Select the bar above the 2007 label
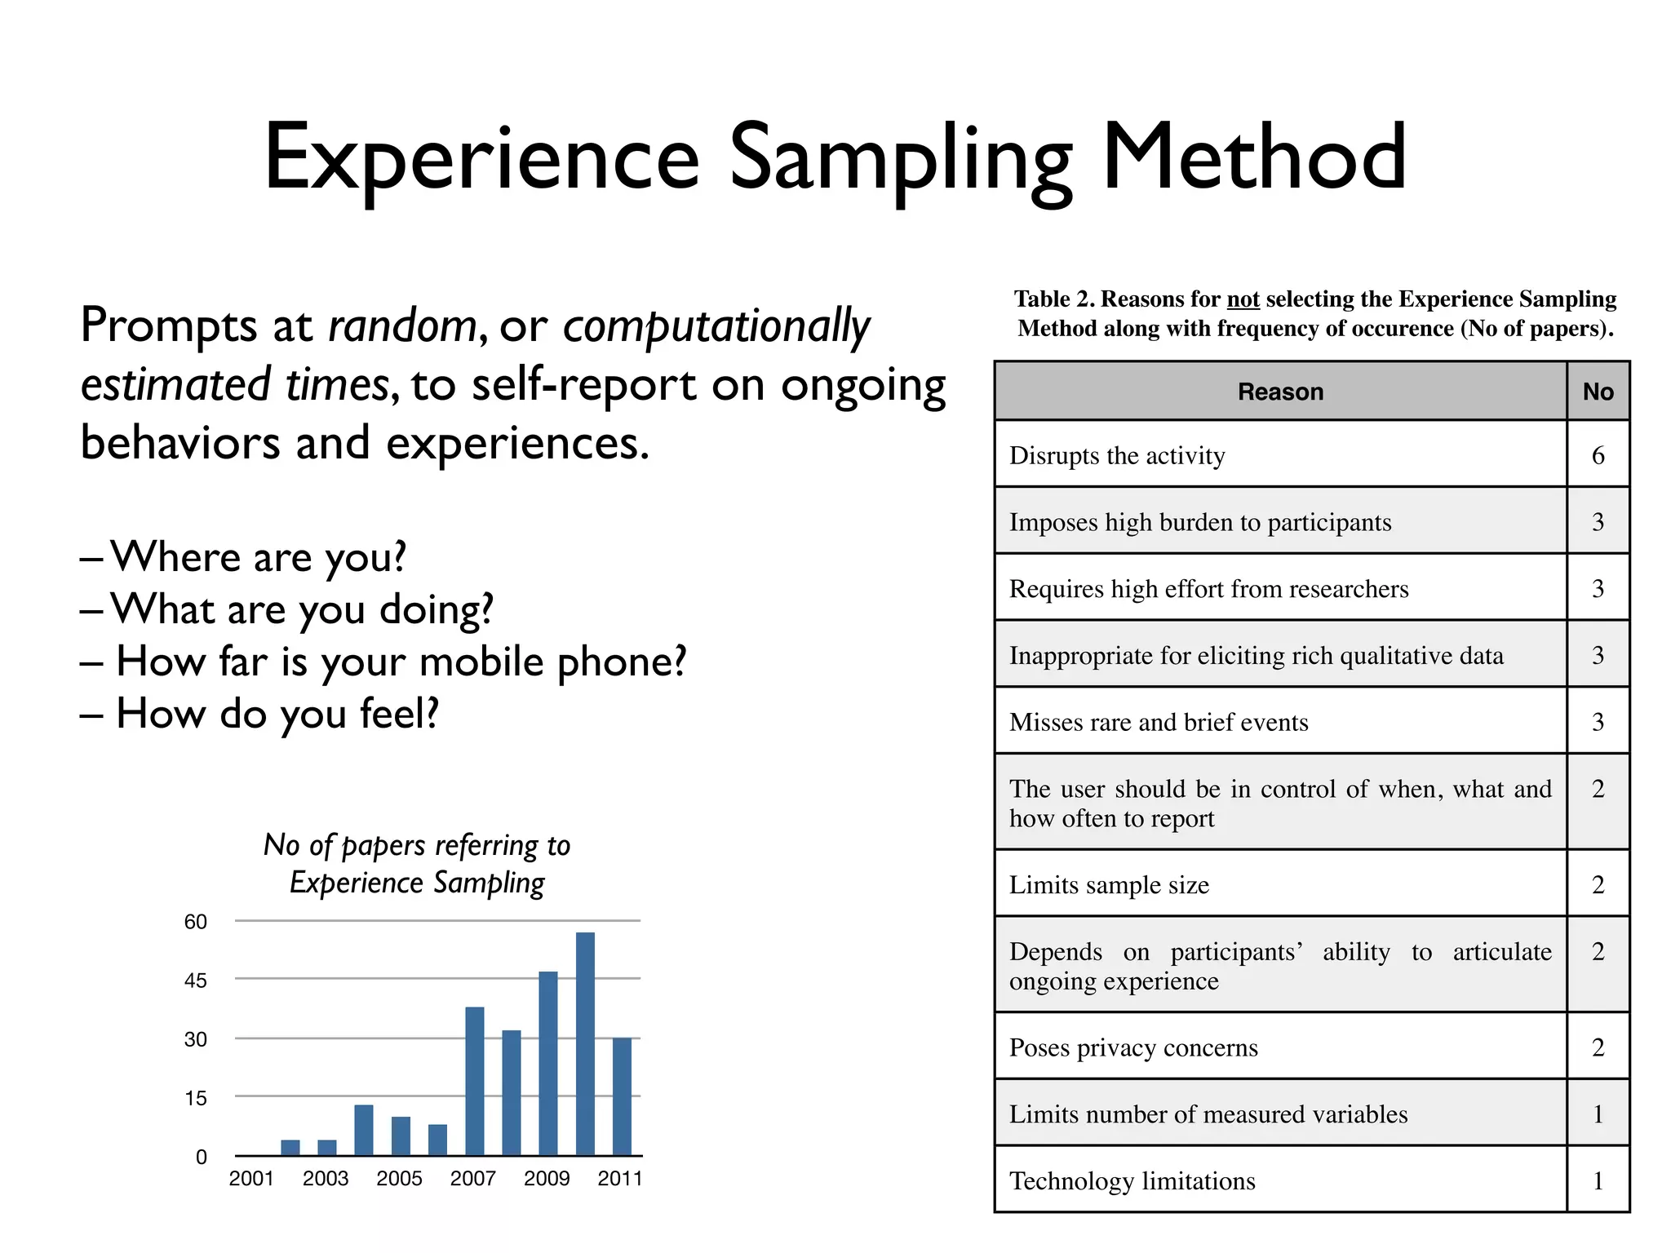click(x=474, y=1080)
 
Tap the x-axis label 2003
click(x=325, y=1178)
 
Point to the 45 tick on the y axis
click(x=195, y=980)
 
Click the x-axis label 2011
click(x=619, y=1178)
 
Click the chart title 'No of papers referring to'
click(x=416, y=845)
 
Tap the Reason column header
click(x=1280, y=392)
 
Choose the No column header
click(x=1598, y=392)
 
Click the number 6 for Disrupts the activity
click(x=1598, y=455)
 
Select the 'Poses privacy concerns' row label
click(x=1133, y=1047)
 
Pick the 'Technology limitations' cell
click(x=1132, y=1181)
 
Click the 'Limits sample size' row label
click(x=1109, y=885)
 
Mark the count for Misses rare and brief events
click(x=1598, y=722)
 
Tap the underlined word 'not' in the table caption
click(x=1243, y=299)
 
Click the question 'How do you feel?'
click(x=277, y=714)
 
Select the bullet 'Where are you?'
click(x=258, y=557)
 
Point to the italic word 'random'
click(x=402, y=326)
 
